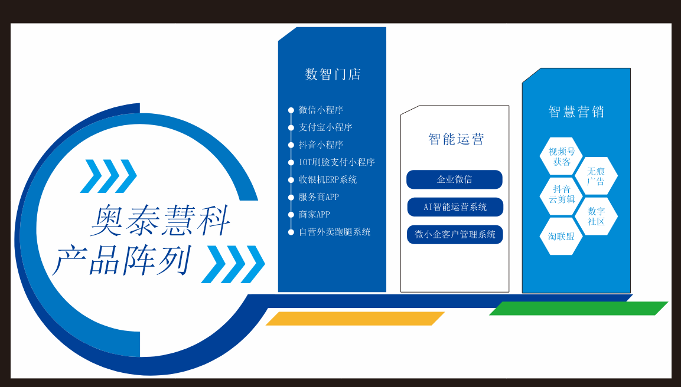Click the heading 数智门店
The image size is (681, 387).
[x=333, y=74]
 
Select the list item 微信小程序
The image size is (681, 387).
[x=321, y=110]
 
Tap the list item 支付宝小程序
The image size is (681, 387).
[x=325, y=127]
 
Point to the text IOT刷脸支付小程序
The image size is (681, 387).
[x=337, y=162]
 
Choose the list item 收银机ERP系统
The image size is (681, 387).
[x=327, y=179]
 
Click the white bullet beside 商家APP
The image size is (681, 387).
[x=291, y=215]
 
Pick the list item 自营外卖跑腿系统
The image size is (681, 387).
[x=334, y=232]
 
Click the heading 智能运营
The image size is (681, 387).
[x=456, y=139]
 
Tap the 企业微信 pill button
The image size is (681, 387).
[x=454, y=179]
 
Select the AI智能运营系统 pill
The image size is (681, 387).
[x=455, y=207]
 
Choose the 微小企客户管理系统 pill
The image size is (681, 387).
[x=455, y=235]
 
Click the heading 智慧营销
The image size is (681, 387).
[x=576, y=111]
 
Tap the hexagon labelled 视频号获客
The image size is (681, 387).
[x=561, y=156]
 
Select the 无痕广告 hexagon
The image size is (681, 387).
[x=596, y=176]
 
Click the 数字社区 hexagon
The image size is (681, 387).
[x=596, y=216]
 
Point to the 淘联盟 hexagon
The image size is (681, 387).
[x=561, y=237]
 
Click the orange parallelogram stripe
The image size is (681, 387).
[x=356, y=319]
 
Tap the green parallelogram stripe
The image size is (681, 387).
[x=578, y=309]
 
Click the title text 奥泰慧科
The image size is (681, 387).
[x=160, y=221]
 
